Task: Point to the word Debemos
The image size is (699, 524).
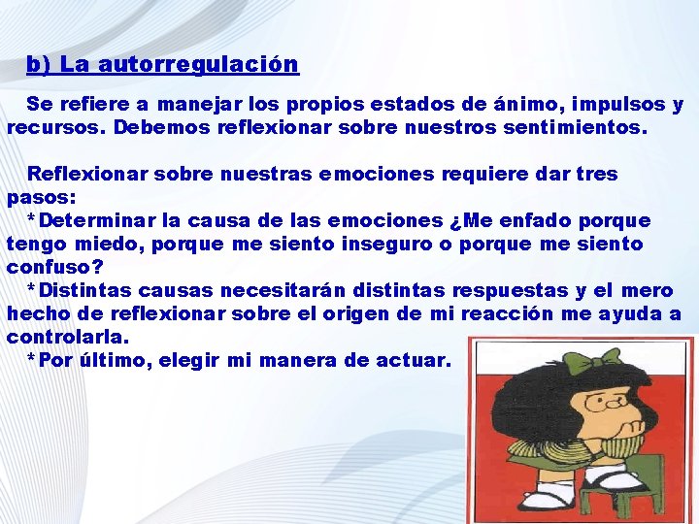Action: [154, 127]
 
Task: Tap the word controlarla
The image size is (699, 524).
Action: [67, 337]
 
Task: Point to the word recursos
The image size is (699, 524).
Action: [55, 127]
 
